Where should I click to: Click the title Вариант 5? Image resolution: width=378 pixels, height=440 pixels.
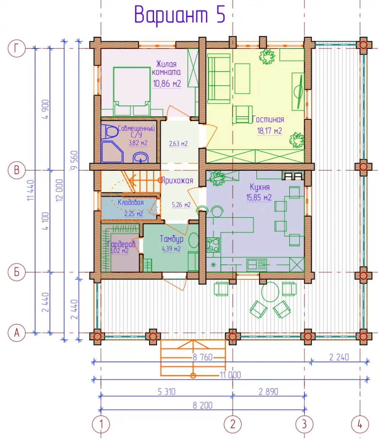tap(180, 15)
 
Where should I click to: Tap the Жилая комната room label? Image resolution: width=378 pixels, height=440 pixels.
tap(166, 68)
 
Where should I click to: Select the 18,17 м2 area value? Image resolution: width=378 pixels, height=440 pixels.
tap(270, 131)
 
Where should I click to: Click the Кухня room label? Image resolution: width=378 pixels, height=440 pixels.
tap(259, 187)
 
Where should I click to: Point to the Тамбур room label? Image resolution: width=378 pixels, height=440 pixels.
tap(172, 239)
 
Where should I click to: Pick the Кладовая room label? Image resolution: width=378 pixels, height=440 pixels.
tap(130, 202)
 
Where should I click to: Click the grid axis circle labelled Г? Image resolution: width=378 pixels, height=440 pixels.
tap(17, 48)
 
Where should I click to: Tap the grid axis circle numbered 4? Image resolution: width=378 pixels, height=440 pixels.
tap(360, 424)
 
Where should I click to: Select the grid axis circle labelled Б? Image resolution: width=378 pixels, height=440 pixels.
tap(17, 272)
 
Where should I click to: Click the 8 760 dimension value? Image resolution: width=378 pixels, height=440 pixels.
tap(203, 357)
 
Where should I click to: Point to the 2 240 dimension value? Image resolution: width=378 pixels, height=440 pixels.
tap(339, 357)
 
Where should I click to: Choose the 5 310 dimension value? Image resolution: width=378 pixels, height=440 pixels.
tap(166, 392)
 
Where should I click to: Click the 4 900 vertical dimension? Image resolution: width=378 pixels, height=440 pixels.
tap(45, 109)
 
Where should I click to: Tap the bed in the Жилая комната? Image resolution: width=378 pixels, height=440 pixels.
tap(132, 91)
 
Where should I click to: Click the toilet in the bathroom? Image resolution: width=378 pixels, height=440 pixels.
tap(109, 132)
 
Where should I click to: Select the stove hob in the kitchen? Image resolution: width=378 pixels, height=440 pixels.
tap(213, 245)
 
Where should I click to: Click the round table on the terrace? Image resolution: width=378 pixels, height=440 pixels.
tap(270, 292)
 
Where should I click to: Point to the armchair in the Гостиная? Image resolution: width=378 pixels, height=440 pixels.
tap(242, 114)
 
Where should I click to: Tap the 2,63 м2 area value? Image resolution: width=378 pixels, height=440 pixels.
tap(178, 144)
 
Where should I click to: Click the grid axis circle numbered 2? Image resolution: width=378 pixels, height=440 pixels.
tap(233, 424)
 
